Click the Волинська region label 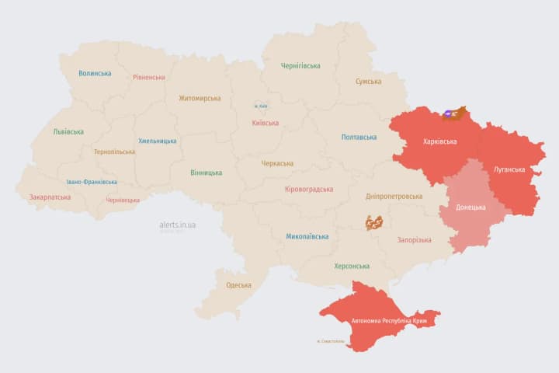tap(95, 74)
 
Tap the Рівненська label tap(148, 78)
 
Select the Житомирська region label tap(200, 99)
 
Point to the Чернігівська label tap(300, 66)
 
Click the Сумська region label tap(368, 82)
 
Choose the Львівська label tap(68, 132)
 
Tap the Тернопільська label tap(114, 152)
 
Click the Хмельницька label tap(157, 141)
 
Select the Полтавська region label tap(359, 138)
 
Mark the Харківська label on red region tap(439, 142)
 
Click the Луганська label tap(509, 169)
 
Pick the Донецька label tap(470, 207)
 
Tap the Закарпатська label tap(50, 197)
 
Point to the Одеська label tap(238, 285)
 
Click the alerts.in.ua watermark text tap(178, 225)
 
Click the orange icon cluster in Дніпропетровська tap(374, 223)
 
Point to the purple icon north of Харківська tap(448, 114)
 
